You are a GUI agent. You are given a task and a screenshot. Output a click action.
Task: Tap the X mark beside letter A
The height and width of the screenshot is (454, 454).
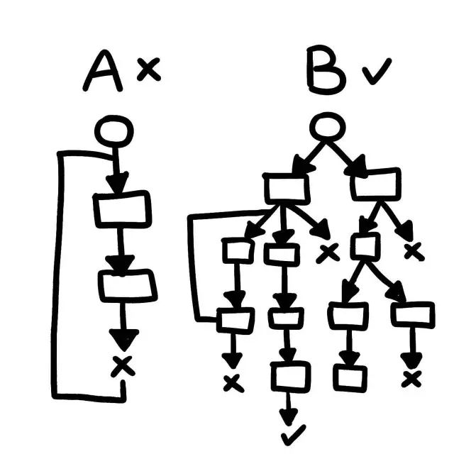[x=148, y=69]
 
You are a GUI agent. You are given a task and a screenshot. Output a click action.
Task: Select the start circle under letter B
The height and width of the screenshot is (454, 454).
[x=328, y=128]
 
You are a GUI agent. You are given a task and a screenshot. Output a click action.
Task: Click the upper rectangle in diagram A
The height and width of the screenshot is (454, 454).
[x=122, y=209]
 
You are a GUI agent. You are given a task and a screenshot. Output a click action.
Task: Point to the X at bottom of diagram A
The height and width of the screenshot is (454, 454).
[x=123, y=365]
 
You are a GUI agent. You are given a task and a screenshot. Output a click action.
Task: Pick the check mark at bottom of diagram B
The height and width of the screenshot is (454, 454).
[x=293, y=432]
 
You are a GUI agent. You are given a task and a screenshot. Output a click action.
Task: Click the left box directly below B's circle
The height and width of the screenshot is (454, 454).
[x=286, y=188]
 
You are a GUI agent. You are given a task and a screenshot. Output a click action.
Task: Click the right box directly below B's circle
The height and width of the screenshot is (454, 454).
[x=375, y=184]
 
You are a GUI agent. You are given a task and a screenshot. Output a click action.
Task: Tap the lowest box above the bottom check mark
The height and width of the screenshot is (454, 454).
[x=291, y=377]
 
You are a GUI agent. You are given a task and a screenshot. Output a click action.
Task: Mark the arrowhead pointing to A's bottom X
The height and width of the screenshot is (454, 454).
[x=124, y=339]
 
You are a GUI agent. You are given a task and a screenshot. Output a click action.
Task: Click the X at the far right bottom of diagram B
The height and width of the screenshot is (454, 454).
[x=411, y=379]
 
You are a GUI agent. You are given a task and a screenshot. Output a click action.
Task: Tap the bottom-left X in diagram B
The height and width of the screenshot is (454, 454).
[x=233, y=382]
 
